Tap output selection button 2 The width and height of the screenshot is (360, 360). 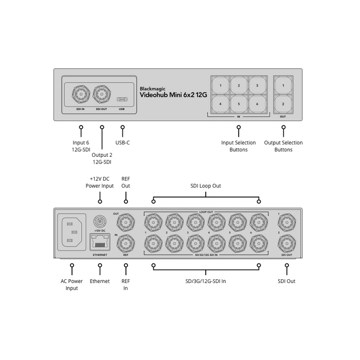(x=283, y=104)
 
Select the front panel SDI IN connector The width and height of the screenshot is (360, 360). (x=81, y=95)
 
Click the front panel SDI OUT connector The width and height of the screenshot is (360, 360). (x=101, y=95)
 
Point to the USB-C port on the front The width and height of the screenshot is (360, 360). (x=122, y=99)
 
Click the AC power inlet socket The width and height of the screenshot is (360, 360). (x=72, y=232)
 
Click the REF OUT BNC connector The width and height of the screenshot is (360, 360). (x=125, y=222)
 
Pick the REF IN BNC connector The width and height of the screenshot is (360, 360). (x=125, y=242)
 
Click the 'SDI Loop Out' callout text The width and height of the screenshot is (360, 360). (x=206, y=186)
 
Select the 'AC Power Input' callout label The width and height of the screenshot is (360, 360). (x=72, y=284)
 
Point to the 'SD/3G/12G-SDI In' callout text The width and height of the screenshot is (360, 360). (x=206, y=281)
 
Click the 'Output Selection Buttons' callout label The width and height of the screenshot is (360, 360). (x=283, y=146)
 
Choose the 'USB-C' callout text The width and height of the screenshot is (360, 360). (x=123, y=142)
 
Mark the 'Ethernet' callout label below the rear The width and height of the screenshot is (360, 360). (x=100, y=281)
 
